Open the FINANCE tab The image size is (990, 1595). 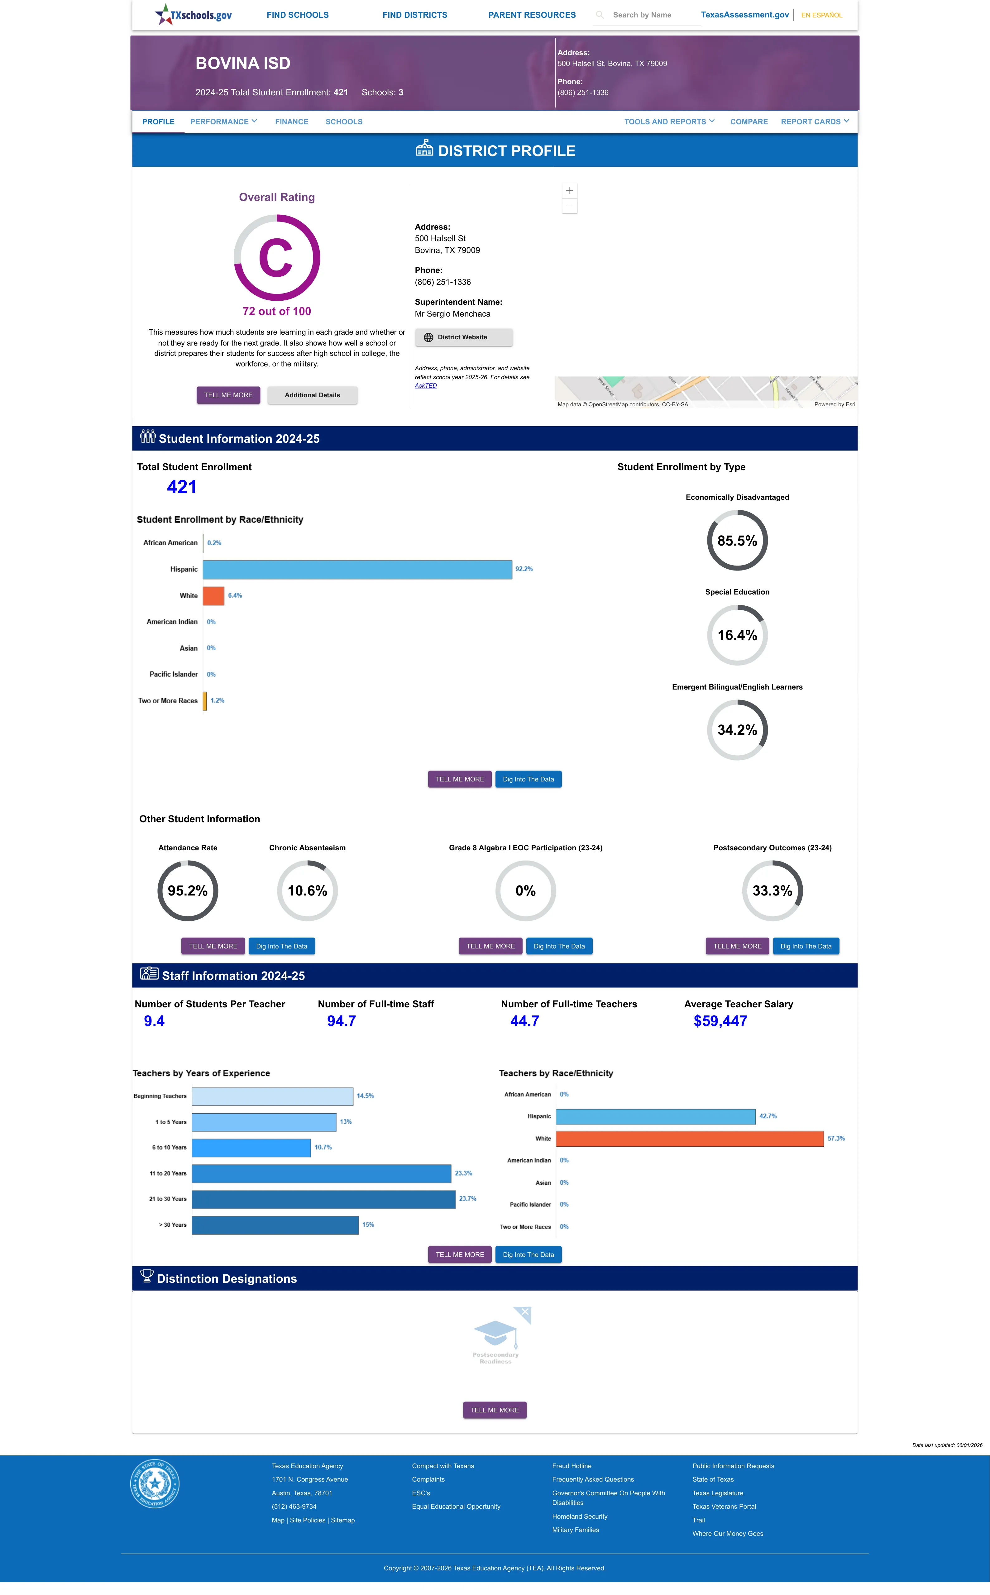291,122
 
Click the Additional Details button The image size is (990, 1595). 312,395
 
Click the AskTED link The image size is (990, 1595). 426,385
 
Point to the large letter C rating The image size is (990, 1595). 276,259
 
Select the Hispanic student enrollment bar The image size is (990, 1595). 357,569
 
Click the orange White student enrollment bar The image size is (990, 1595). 213,595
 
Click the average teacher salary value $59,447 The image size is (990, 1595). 720,1021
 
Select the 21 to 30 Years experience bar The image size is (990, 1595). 323,1199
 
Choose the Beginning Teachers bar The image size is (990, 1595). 272,1096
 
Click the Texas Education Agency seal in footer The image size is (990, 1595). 155,1483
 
